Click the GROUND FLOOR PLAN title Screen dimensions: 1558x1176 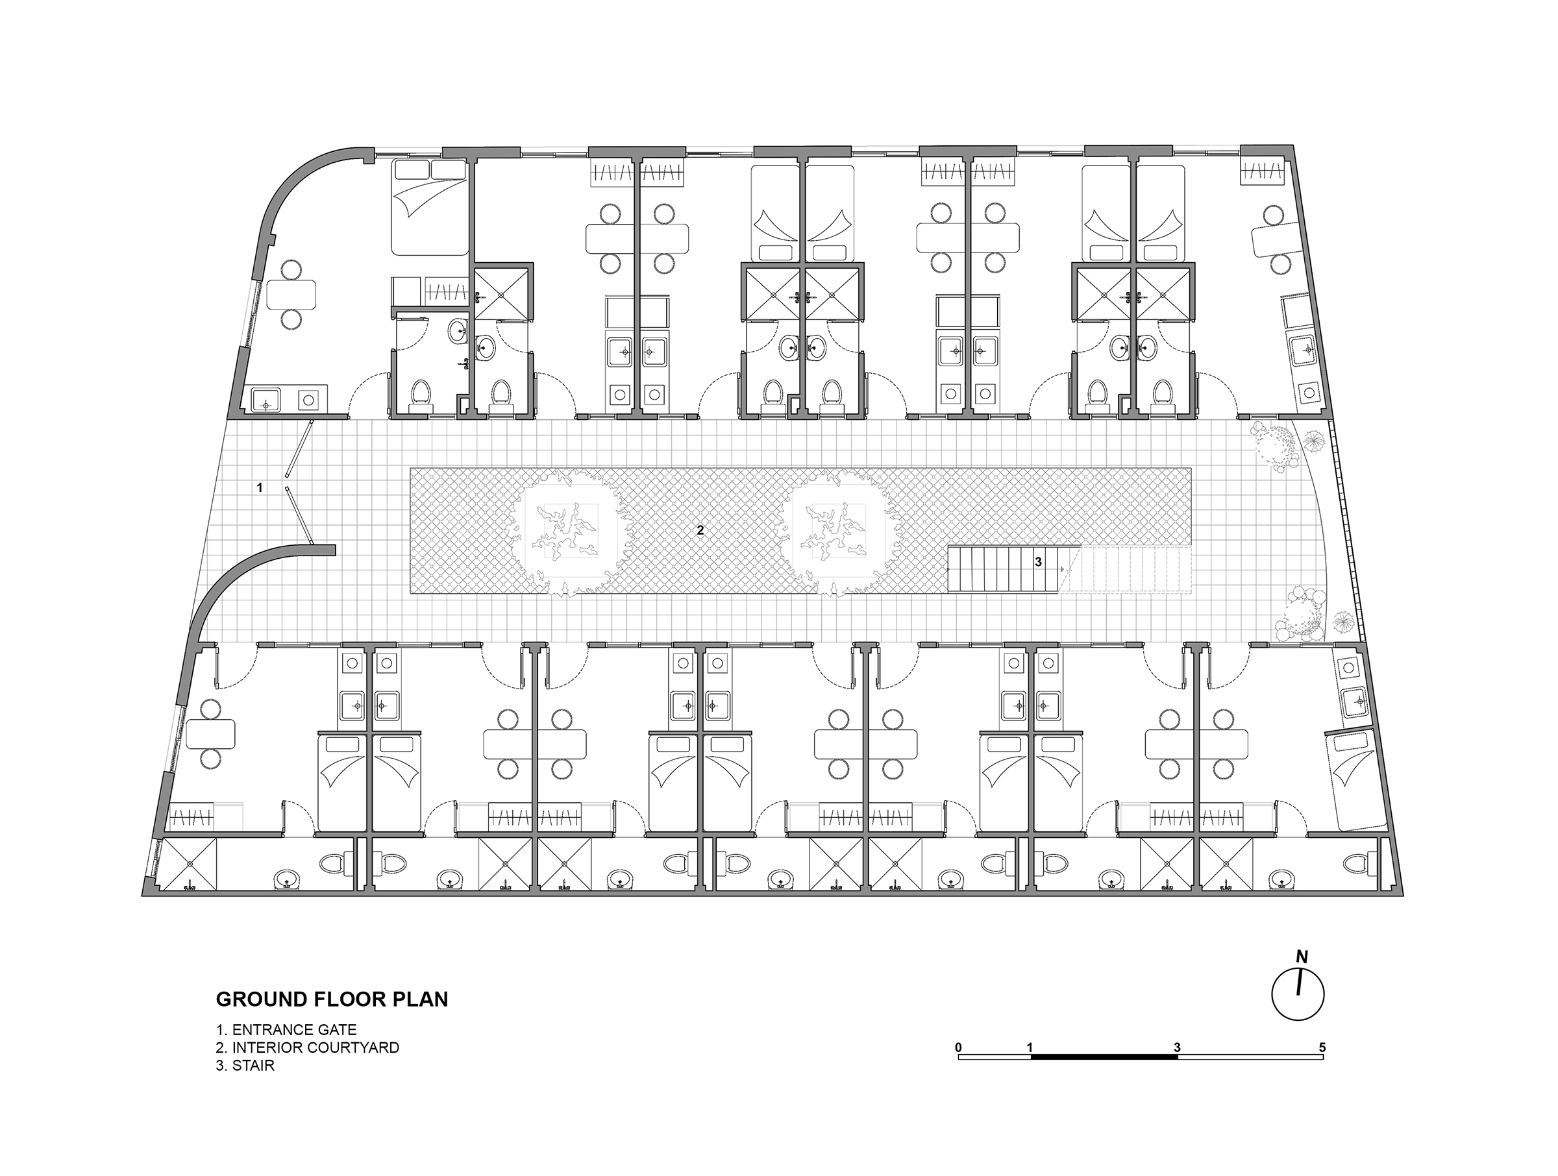pyautogui.click(x=332, y=999)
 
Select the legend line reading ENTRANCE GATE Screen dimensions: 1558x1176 pyautogui.click(x=286, y=1029)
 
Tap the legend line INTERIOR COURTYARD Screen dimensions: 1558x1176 pyautogui.click(x=307, y=1047)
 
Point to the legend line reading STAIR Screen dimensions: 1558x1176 pyautogui.click(x=245, y=1066)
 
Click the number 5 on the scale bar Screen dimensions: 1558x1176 pyautogui.click(x=1322, y=1047)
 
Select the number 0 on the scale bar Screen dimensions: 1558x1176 pyautogui.click(x=959, y=1047)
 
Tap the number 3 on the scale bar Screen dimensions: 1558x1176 pyautogui.click(x=1177, y=1047)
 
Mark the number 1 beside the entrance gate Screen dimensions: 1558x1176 pyautogui.click(x=260, y=487)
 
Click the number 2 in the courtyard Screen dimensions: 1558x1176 pyautogui.click(x=700, y=530)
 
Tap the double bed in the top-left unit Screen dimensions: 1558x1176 pyautogui.click(x=430, y=206)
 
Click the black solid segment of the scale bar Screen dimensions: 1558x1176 pyautogui.click(x=1104, y=1057)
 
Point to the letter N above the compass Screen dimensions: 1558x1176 pyautogui.click(x=1302, y=958)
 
